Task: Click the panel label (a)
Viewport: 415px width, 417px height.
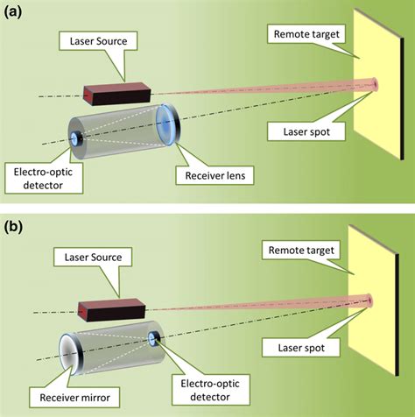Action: tap(12, 12)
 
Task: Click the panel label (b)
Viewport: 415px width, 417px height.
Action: tap(13, 227)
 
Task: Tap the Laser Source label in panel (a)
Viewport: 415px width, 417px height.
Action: tap(98, 41)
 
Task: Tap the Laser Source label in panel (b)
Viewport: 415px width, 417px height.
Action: tap(93, 258)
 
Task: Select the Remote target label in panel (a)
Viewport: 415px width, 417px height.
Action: tap(306, 34)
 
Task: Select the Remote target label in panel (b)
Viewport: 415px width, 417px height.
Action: tap(301, 251)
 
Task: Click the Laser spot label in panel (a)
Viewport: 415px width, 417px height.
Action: tap(306, 132)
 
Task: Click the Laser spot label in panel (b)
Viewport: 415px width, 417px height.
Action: tap(301, 348)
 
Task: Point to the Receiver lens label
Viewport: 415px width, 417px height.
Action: tap(215, 176)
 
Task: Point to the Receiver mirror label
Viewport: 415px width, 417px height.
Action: tap(74, 398)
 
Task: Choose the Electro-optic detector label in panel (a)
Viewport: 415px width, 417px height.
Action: tap(43, 179)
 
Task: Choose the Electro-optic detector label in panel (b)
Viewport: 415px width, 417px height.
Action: tap(210, 390)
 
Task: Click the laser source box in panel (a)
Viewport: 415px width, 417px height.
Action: tap(117, 94)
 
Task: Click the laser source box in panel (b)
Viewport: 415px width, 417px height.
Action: tap(111, 310)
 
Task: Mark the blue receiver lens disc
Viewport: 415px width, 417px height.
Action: tap(168, 124)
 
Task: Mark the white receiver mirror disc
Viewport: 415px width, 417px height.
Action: tap(71, 354)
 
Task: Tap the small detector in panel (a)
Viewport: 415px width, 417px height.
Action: tap(77, 139)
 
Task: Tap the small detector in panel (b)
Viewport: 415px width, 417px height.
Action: tap(153, 339)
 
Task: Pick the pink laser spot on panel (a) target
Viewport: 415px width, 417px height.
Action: tap(375, 85)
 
